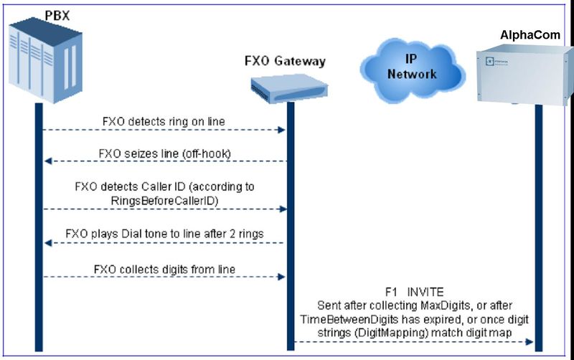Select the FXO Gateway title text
(x=285, y=61)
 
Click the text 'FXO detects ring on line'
(x=164, y=121)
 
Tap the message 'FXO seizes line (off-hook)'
(x=164, y=153)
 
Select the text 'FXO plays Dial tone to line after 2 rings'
(x=164, y=233)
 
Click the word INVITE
(x=426, y=292)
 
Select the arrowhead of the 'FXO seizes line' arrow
(x=47, y=163)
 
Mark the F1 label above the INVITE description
(x=385, y=292)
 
